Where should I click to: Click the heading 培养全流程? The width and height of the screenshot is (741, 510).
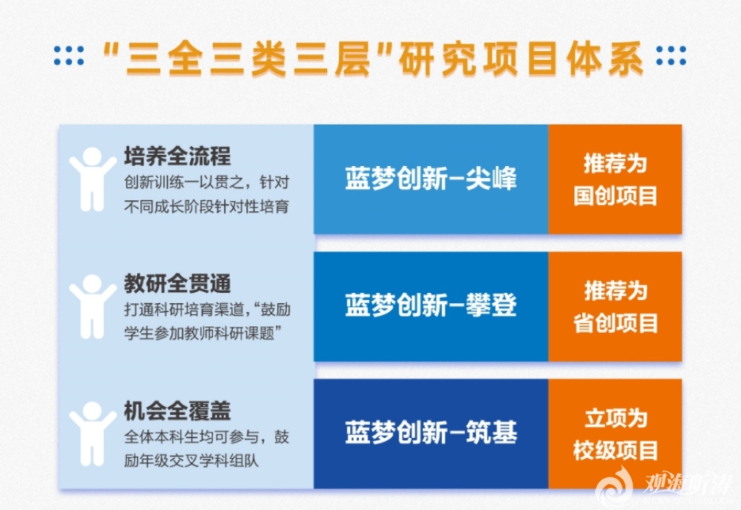coord(177,156)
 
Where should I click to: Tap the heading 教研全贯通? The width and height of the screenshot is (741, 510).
coord(177,283)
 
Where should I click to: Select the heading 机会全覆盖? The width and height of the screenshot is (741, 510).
coord(177,411)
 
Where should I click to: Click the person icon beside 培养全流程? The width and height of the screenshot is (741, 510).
coord(93,179)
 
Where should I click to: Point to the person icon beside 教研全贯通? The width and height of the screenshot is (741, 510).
coord(93,306)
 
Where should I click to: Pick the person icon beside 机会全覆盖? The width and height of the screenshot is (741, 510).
coord(93,434)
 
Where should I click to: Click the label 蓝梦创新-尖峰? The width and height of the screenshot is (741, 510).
coord(430,179)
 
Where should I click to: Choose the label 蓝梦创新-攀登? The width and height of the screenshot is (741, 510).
coord(430,305)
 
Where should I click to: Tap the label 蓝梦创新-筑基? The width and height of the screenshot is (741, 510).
coord(430,433)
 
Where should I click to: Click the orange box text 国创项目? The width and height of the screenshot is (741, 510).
coord(616,196)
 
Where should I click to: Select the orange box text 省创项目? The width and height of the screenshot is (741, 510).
coord(616,323)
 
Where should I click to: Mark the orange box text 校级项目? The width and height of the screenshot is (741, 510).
coord(616,450)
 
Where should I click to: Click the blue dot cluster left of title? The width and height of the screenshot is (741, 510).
coord(69,56)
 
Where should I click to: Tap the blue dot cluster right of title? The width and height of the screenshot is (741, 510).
coord(671,56)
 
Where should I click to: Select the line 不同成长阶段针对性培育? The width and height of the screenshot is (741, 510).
coord(206,207)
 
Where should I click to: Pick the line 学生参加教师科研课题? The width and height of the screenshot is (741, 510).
coord(199,334)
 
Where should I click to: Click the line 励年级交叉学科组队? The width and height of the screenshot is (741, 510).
coord(191,461)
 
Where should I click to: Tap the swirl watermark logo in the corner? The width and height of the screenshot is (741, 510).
coord(614,486)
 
